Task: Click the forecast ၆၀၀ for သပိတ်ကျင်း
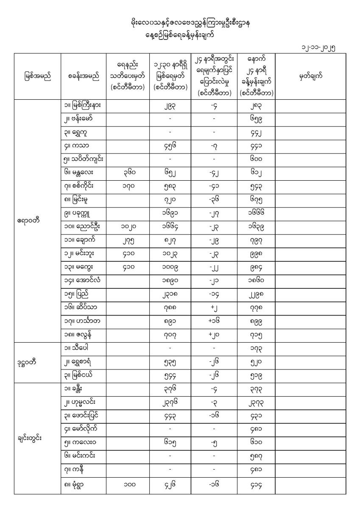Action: pos(257,161)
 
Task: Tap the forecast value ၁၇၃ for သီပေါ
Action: pos(257,348)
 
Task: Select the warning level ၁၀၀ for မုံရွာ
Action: pos(128,486)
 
